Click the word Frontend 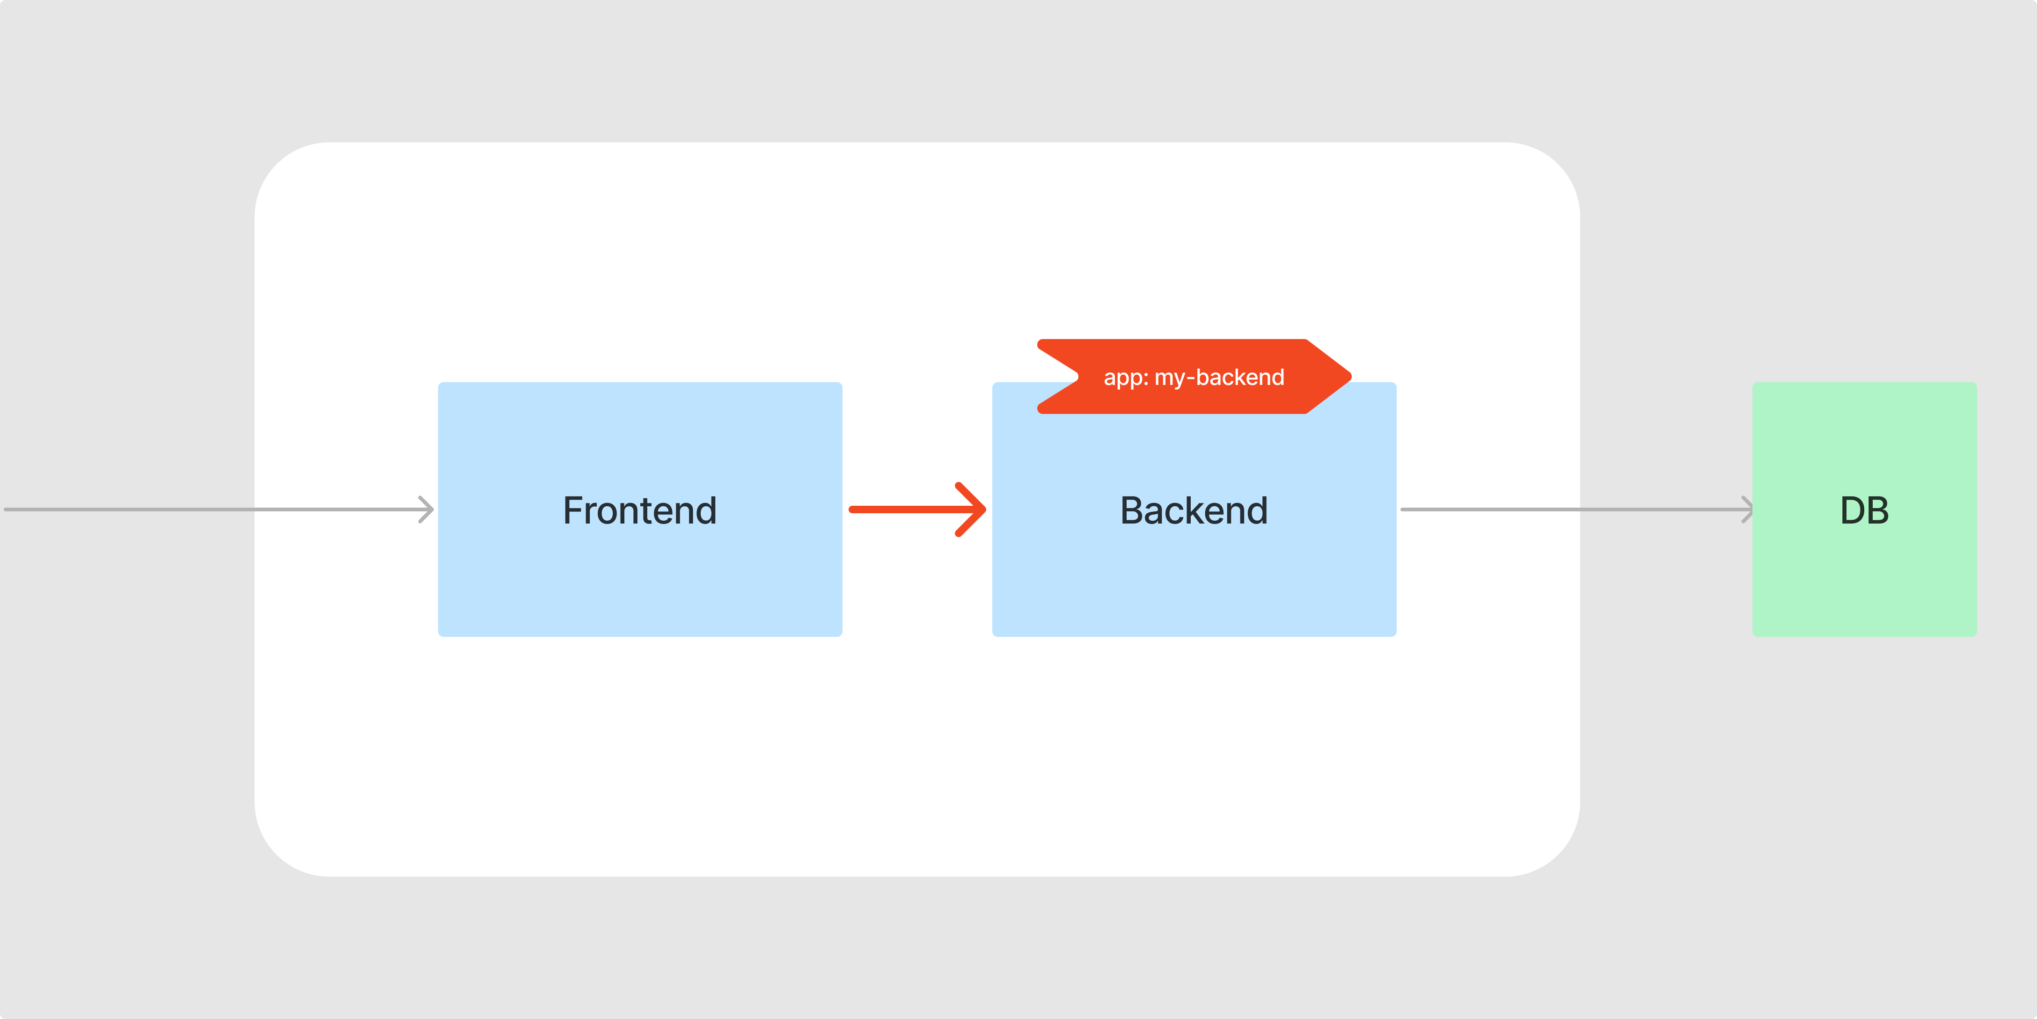(640, 510)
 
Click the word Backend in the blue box (1194, 510)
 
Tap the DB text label (1865, 510)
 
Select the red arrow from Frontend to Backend (917, 509)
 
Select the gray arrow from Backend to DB (1577, 509)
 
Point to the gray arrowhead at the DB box (1748, 509)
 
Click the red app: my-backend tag (1194, 377)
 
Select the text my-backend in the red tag (1219, 377)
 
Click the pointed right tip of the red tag (1351, 377)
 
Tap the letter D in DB (1852, 510)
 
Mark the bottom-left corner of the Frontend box (439, 636)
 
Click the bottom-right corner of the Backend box (1396, 636)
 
